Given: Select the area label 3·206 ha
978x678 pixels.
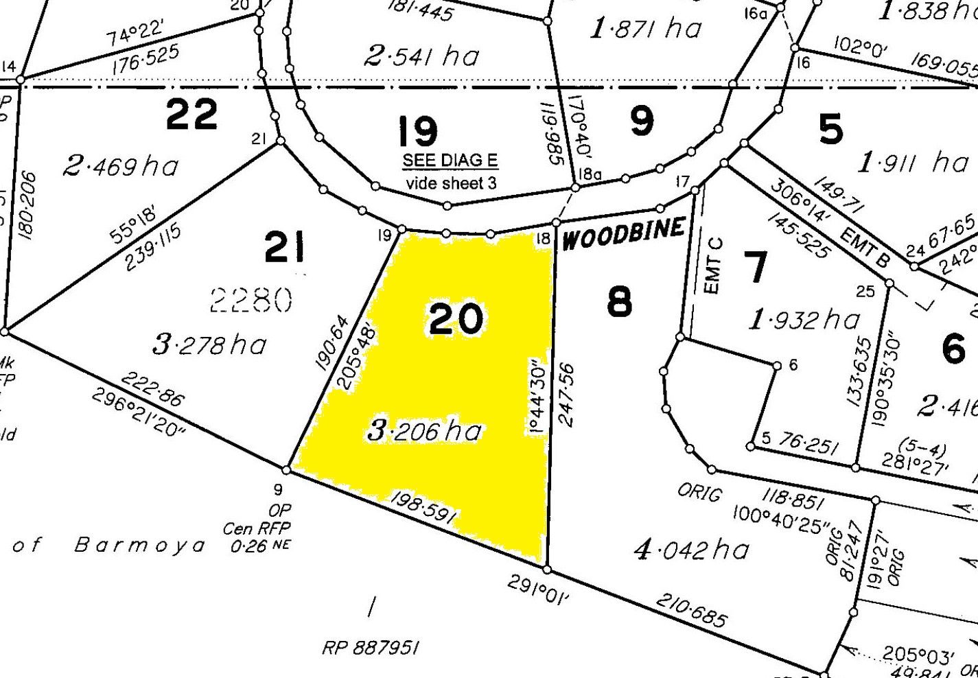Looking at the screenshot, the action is coord(425,431).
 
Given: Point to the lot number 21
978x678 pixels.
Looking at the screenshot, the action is coord(285,248).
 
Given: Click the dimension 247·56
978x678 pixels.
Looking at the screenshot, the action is coord(567,395).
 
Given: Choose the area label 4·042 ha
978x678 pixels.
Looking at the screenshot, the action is coord(691,550).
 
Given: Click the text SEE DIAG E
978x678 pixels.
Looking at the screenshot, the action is coord(450,161).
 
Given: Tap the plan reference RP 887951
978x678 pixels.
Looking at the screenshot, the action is coord(371,648).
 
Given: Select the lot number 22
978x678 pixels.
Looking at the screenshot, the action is coord(192,114).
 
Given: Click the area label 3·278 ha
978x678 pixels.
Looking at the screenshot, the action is coord(209,344).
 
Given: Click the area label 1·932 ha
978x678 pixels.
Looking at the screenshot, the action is coord(804,319).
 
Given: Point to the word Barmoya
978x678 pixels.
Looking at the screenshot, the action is coord(140,546).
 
